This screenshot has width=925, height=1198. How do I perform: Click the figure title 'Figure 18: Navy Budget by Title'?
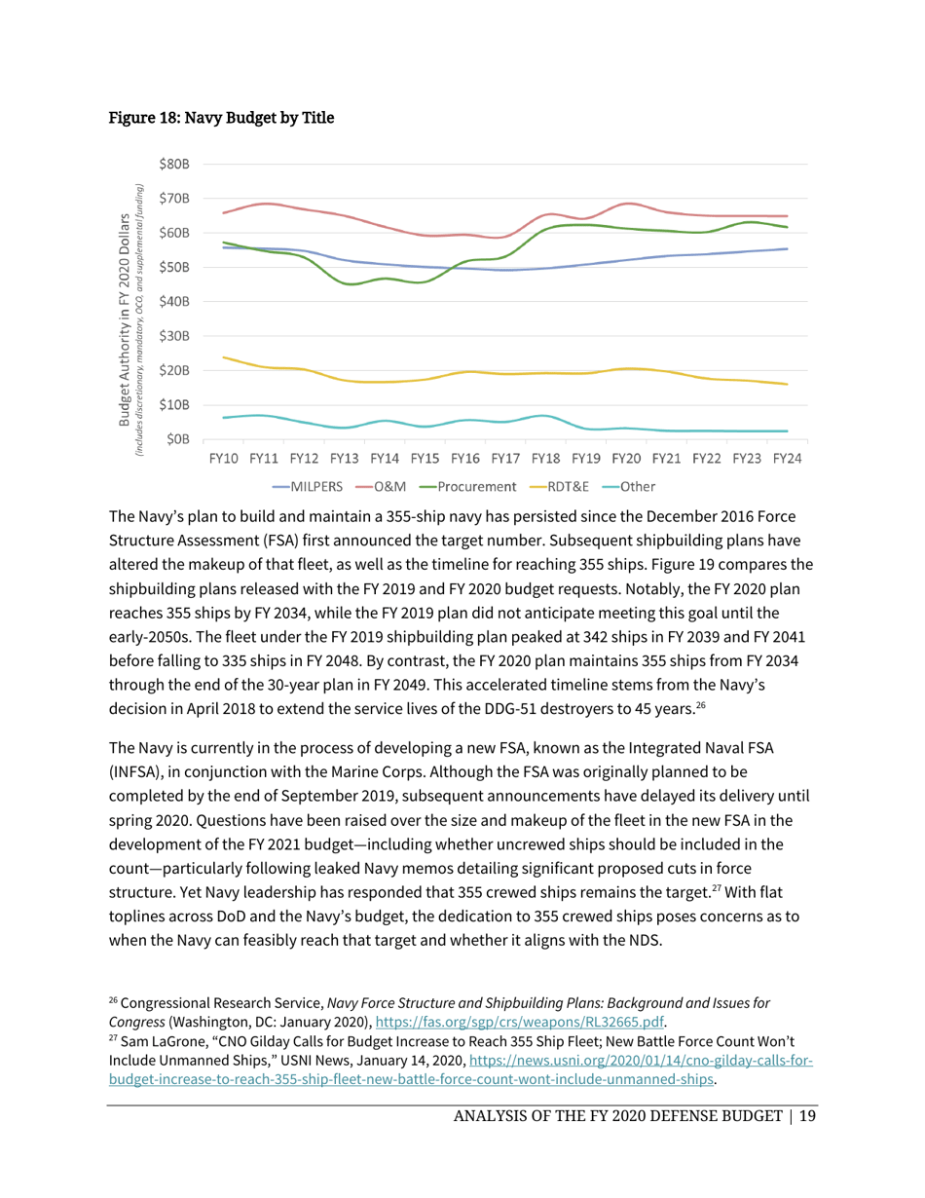pos(220,119)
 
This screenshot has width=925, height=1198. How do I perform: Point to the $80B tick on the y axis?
pos(174,164)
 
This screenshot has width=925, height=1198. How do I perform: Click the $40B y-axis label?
pos(174,302)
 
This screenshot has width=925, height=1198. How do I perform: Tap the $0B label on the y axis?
pos(178,439)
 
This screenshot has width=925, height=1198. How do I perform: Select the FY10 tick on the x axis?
pos(224,458)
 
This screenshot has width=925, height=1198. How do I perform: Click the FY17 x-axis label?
pos(504,458)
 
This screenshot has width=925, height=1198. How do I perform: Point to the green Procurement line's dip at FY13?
pos(351,283)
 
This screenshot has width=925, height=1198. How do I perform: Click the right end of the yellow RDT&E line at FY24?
pos(786,384)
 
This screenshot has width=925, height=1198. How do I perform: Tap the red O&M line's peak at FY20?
pos(631,204)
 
